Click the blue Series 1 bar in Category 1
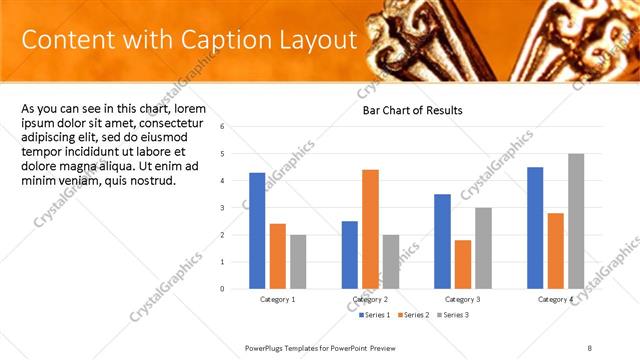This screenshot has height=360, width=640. (257, 231)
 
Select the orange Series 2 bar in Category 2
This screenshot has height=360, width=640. (370, 229)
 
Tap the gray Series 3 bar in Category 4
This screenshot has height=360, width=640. (576, 221)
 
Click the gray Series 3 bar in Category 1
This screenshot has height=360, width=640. (298, 262)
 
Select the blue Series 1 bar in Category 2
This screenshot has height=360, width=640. (349, 255)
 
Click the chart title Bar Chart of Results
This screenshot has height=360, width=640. (412, 110)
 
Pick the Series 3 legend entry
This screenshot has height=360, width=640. (451, 315)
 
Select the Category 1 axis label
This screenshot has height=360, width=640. (277, 299)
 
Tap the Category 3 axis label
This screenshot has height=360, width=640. (463, 299)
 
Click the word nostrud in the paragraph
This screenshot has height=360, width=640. (148, 181)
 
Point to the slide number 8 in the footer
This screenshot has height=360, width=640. (590, 347)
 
